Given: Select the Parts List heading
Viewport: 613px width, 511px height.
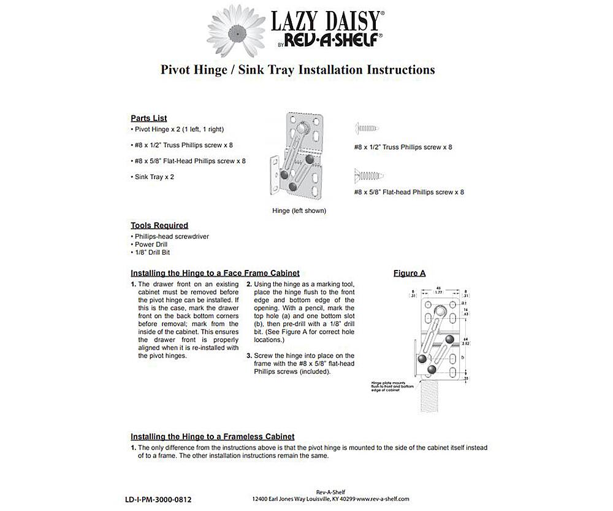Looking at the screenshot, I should click(x=148, y=118).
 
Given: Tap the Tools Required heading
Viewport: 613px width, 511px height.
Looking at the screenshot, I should click(x=159, y=226).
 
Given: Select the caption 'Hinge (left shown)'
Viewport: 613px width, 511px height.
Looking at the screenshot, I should click(x=299, y=210).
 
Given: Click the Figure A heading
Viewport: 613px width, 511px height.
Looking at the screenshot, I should click(x=409, y=273).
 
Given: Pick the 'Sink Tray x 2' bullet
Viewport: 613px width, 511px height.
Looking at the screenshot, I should click(x=150, y=177).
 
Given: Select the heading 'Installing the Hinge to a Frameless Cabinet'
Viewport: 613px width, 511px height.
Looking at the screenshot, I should click(x=212, y=437).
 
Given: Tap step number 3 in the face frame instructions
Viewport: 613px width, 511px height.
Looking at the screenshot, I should click(x=249, y=356).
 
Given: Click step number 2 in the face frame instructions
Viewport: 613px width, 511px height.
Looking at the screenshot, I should click(x=249, y=285).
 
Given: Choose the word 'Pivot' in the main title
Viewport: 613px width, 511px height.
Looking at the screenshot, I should click(x=178, y=69).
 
